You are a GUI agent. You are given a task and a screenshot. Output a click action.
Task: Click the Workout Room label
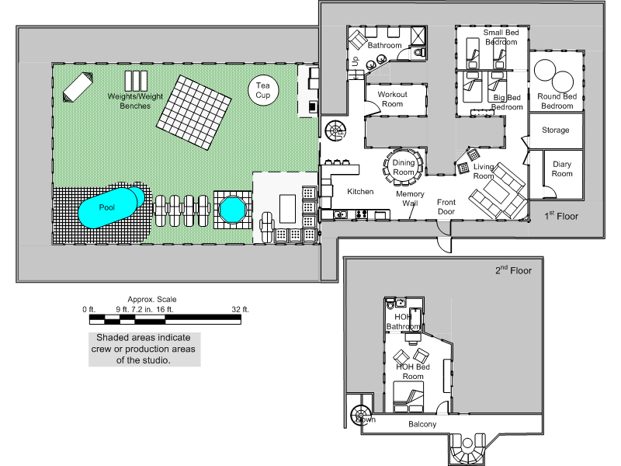pyautogui.click(x=392, y=99)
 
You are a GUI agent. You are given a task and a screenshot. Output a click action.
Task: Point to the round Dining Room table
pyautogui.click(x=404, y=166)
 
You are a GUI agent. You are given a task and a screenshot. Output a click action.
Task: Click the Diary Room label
pyautogui.click(x=562, y=169)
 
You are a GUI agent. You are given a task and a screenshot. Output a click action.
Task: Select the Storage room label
pyautogui.click(x=555, y=130)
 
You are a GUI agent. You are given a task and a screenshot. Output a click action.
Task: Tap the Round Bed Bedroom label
pyautogui.click(x=557, y=101)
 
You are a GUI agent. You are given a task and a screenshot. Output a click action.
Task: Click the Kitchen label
pyautogui.click(x=360, y=191)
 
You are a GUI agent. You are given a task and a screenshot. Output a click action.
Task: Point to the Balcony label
pyautogui.click(x=422, y=425)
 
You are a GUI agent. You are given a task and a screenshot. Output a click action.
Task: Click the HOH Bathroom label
pyautogui.click(x=402, y=322)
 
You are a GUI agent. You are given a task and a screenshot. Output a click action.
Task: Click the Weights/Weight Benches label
pyautogui.click(x=135, y=100)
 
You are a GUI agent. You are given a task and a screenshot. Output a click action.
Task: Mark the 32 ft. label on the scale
pyautogui.click(x=240, y=309)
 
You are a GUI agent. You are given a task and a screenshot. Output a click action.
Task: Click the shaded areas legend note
pyautogui.click(x=144, y=349)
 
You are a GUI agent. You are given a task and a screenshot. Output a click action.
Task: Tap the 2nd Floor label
pyautogui.click(x=513, y=271)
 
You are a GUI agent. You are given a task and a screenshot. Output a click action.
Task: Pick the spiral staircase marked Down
pyautogui.click(x=361, y=415)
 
